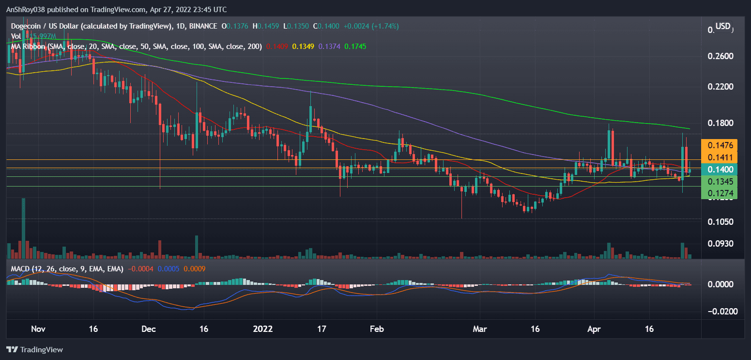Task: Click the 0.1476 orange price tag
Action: pos(719,145)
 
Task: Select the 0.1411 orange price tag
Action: pos(719,157)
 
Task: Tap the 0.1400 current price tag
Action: pos(719,170)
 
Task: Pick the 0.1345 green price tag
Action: pos(719,181)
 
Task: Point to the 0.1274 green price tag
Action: pos(719,193)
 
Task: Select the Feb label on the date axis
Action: pos(377,329)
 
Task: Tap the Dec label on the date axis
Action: pos(149,329)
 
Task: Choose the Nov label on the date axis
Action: pos(38,329)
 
